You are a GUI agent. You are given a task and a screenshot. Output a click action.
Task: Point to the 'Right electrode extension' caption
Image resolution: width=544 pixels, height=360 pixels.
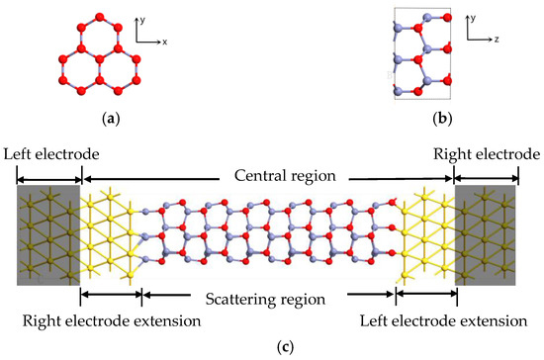tap(111, 321)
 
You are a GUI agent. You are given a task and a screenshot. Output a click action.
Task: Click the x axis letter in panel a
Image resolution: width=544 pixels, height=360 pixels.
tap(163, 43)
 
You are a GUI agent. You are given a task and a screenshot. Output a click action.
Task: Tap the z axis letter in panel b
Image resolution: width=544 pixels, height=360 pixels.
tap(495, 43)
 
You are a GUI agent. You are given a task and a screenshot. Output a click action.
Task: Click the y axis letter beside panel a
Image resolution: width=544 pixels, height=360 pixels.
tap(143, 18)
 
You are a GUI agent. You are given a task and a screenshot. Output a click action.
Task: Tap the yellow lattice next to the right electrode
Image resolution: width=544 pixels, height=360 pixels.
tap(425, 234)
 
